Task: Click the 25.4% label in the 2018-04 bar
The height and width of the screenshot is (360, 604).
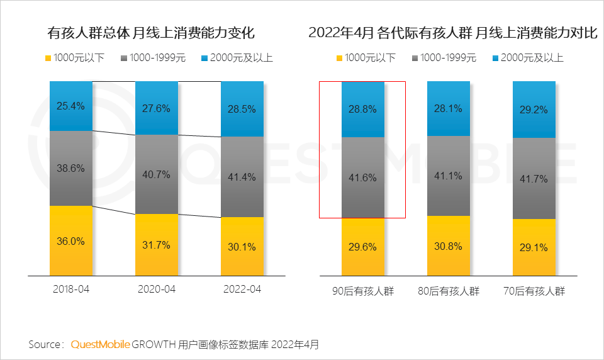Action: [x=70, y=106]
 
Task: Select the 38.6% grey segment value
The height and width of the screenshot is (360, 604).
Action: [x=70, y=168]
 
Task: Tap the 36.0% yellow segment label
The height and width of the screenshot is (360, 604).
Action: [x=70, y=241]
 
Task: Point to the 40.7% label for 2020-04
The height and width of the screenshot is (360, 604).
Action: [x=156, y=174]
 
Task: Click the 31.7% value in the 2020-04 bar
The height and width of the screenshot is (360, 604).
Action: [x=156, y=245]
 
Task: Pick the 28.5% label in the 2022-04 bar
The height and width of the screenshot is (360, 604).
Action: [x=242, y=109]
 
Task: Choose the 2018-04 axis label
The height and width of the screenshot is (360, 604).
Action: [x=71, y=290]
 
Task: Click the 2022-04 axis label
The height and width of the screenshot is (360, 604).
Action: [x=242, y=290]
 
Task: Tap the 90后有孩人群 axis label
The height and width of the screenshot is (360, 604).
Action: [x=362, y=292]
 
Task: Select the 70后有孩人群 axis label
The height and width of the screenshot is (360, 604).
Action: [x=534, y=292]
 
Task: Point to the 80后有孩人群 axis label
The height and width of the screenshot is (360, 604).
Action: [x=448, y=292]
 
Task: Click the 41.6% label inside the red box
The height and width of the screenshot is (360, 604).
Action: [x=362, y=177]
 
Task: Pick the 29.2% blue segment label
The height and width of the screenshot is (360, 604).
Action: [x=534, y=109]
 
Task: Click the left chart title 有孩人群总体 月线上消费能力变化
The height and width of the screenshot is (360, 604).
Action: [x=151, y=33]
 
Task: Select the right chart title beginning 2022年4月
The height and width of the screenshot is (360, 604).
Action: [x=452, y=33]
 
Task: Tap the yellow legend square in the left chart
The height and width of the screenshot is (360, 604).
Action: [x=47, y=59]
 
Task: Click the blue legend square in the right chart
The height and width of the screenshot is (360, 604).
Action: [x=495, y=59]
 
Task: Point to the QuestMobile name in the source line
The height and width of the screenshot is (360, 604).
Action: [x=101, y=344]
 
